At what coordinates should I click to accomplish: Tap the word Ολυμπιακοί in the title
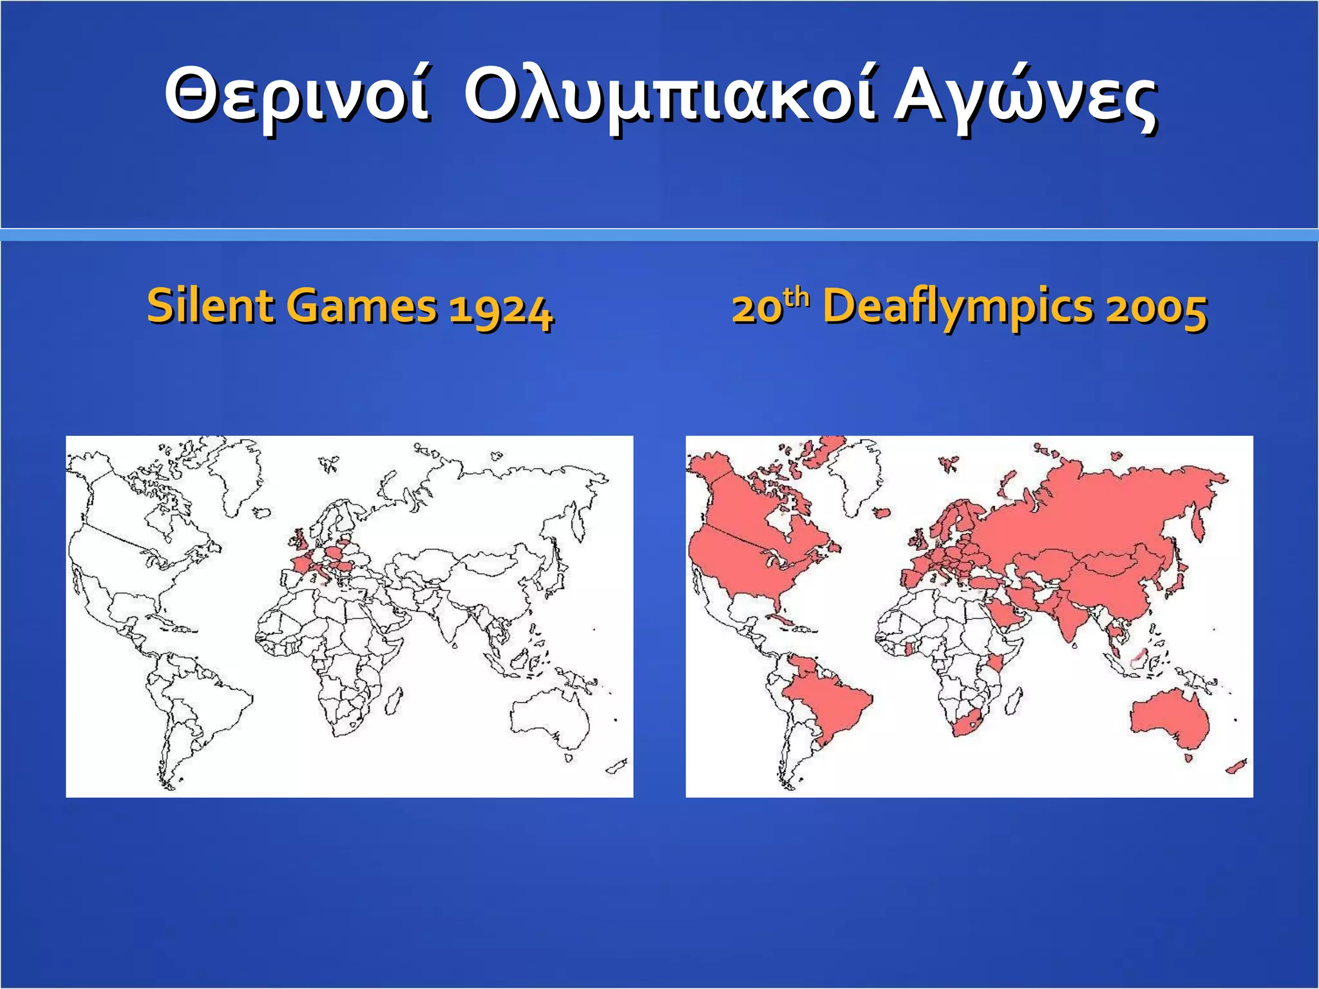pyautogui.click(x=670, y=97)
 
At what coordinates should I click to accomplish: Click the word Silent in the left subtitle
pyautogui.click(x=207, y=306)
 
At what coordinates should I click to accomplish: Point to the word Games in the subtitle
pyautogui.click(x=361, y=306)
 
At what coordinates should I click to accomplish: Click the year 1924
pyautogui.click(x=501, y=309)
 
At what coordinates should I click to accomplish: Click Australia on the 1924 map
pyautogui.click(x=551, y=715)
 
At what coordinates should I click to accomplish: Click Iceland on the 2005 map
pyautogui.click(x=882, y=513)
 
